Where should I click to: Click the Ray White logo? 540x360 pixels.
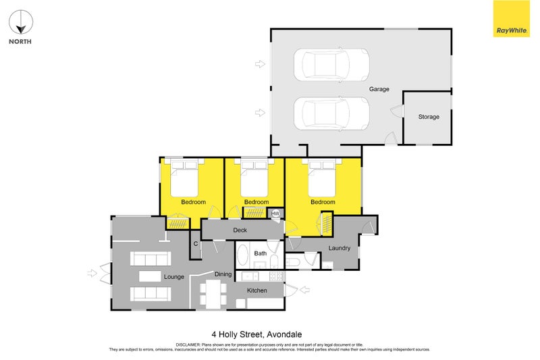click(x=512, y=19)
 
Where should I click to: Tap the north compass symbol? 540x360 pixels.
click(x=21, y=22)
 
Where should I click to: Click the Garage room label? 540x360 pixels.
click(x=379, y=89)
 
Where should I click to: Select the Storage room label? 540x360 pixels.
click(x=429, y=117)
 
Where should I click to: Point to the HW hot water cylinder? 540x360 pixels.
click(x=275, y=213)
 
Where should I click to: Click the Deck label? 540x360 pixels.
click(x=240, y=230)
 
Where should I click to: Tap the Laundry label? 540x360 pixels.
click(x=340, y=248)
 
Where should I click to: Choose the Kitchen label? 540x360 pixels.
click(x=257, y=290)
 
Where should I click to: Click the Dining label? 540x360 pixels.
click(x=223, y=274)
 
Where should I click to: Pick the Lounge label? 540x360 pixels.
click(x=174, y=277)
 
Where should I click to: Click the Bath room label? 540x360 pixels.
click(x=261, y=253)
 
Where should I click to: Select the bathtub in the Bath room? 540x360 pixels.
click(x=243, y=255)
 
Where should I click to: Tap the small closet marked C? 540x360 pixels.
click(x=196, y=244)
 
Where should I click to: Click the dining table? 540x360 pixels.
click(x=213, y=294)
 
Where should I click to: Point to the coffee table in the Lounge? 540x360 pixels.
click(x=150, y=276)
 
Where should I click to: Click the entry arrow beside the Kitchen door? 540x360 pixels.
click(x=304, y=290)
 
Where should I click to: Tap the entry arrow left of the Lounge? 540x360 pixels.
click(x=92, y=274)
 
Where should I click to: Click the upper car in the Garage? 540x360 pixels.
click(x=331, y=65)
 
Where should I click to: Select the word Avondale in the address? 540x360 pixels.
click(x=284, y=334)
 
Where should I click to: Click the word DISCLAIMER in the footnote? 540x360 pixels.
click(x=188, y=345)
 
